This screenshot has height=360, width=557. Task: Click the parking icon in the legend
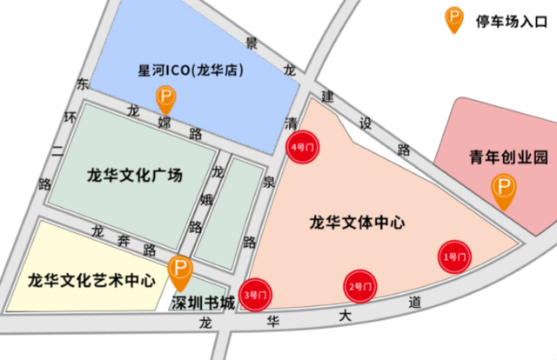[453, 17]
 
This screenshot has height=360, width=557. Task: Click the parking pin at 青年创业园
[503, 189]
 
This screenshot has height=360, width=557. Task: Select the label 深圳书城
[202, 303]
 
